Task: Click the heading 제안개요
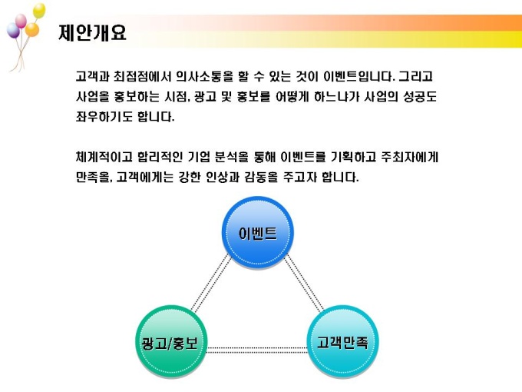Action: pos(92,32)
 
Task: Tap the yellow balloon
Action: pos(39,10)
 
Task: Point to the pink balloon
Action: pos(21,21)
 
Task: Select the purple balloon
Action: pos(13,30)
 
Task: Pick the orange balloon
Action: pos(32,29)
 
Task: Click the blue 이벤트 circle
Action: pos(258,233)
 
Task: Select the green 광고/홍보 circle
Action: pos(171,342)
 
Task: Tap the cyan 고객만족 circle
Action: pos(342,342)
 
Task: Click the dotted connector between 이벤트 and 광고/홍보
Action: pos(211,284)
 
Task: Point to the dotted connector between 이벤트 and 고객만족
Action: pos(304,284)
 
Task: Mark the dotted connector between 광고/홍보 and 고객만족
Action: pos(256,350)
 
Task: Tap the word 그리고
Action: pos(415,77)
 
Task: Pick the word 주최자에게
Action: pos(409,157)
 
